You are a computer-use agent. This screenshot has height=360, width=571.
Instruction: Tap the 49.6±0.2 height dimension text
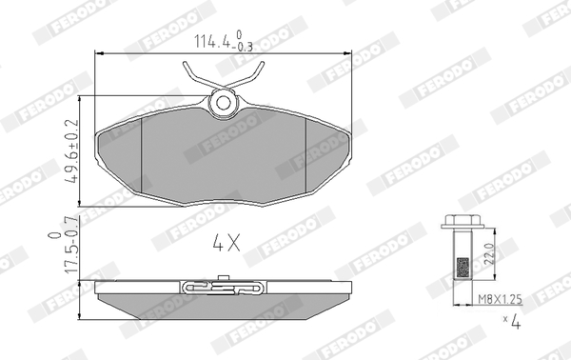click(71, 150)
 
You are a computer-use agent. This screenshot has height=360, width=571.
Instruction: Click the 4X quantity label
click(226, 243)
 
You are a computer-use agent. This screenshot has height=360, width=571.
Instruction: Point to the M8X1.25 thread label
click(500, 299)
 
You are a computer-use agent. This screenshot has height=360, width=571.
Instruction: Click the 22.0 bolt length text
click(490, 254)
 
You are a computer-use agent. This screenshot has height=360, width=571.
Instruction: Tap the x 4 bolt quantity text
click(512, 321)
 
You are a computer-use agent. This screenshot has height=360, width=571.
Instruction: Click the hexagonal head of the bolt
click(463, 222)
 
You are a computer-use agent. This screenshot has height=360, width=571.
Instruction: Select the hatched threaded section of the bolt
click(463, 268)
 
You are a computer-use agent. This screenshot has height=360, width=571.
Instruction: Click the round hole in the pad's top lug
click(223, 103)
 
